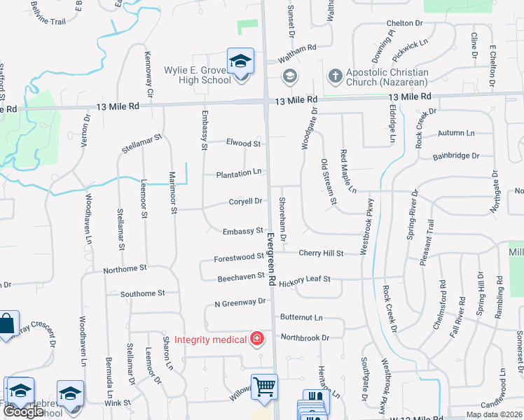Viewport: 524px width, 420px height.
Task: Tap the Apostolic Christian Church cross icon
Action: [335, 76]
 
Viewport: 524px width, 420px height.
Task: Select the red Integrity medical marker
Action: [257, 339]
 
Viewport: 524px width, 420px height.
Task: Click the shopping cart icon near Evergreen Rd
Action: [264, 386]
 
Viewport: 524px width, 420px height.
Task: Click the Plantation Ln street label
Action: [239, 172]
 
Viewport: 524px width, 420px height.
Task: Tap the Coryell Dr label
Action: [245, 202]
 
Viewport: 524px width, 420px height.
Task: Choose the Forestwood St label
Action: [233, 258]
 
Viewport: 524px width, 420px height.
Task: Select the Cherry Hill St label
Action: [321, 253]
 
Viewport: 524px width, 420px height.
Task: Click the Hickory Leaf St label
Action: [304, 280]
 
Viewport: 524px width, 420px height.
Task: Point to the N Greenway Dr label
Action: [240, 302]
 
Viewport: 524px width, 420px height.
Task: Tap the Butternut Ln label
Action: [301, 317]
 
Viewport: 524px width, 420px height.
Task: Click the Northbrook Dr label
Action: [305, 337]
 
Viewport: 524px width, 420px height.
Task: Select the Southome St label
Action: [142, 293]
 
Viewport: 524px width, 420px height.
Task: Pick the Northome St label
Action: [125, 268]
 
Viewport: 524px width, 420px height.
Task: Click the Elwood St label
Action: [243, 143]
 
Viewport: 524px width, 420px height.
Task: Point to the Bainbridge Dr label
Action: [455, 156]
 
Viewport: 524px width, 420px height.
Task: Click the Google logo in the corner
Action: [23, 412]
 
